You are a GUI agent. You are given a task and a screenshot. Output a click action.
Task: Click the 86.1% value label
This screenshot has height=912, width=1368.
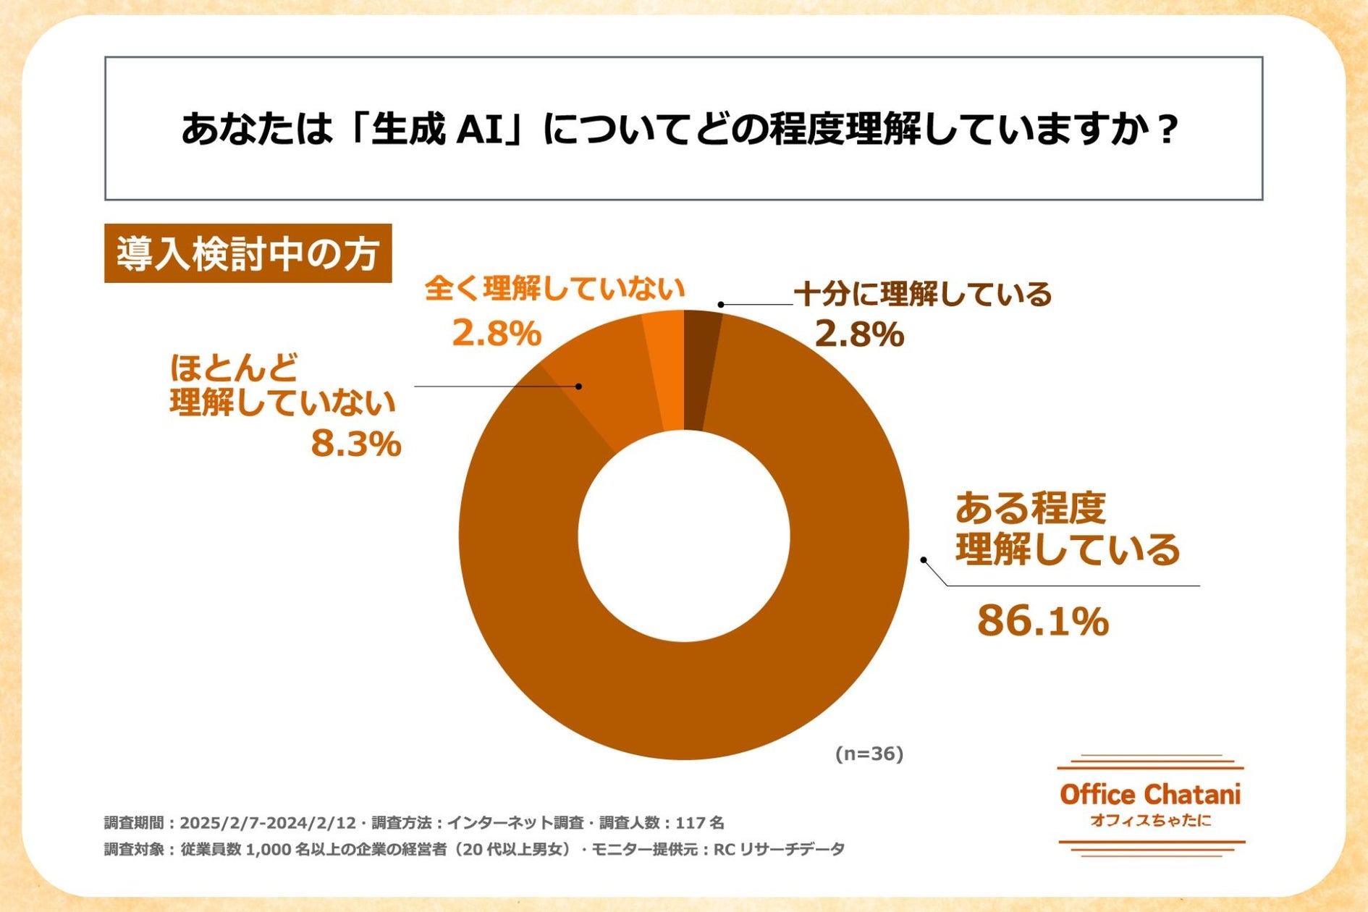[x=1042, y=621]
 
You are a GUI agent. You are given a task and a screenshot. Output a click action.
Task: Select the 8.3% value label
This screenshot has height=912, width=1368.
[x=355, y=444]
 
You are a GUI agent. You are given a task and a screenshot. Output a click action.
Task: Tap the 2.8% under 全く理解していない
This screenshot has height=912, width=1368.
[x=497, y=334]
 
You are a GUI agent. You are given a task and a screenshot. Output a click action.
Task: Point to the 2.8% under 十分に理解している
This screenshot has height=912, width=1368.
[x=859, y=334]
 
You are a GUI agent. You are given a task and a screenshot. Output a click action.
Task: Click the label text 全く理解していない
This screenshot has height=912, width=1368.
[x=554, y=289]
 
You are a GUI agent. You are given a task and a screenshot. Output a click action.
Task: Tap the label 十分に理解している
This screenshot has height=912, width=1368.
[x=923, y=294]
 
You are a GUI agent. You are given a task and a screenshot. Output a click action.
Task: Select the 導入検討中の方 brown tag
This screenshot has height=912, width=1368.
[x=248, y=254]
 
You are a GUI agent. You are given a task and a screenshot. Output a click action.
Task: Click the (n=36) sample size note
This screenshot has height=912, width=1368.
[x=869, y=753]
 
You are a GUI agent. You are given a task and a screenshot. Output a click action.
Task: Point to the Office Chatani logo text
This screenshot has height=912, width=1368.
[x=1150, y=795]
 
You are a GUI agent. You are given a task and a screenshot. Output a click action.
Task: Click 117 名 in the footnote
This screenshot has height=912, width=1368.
[x=699, y=823]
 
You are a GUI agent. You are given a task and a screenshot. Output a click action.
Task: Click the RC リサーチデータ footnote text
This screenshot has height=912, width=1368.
[x=779, y=849]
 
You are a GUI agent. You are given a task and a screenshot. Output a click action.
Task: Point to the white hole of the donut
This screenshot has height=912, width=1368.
[x=683, y=536]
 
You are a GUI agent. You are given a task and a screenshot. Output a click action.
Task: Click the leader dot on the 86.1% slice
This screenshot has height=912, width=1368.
[x=924, y=560]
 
